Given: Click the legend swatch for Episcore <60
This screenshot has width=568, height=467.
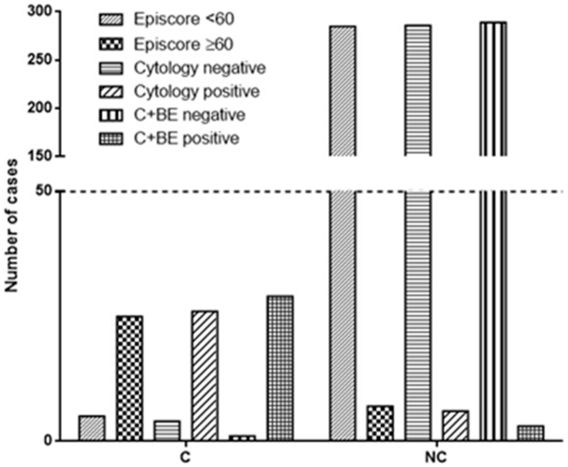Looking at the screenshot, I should [110, 19].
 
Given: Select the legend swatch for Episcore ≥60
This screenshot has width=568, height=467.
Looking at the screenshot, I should [110, 44].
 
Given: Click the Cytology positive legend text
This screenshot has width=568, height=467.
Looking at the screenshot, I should [197, 91].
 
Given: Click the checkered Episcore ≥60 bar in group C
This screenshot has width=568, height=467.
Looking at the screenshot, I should [130, 378].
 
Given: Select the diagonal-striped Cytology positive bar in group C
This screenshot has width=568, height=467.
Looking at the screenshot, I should [205, 375].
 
